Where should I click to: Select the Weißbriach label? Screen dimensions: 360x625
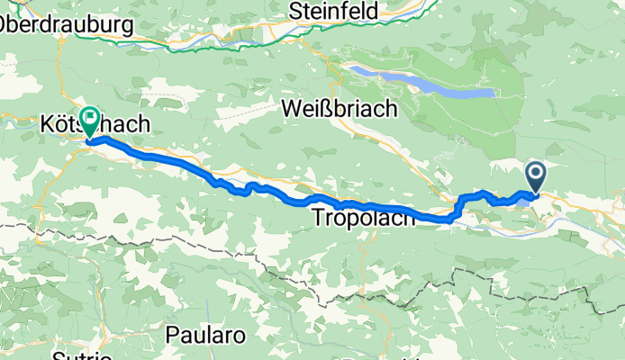tap(339, 108)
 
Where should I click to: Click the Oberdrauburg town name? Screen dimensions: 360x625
tap(67, 24)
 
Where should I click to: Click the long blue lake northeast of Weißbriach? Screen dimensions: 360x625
tap(423, 83)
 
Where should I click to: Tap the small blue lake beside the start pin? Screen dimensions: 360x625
tap(524, 201)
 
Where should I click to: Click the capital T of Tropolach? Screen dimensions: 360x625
tap(318, 218)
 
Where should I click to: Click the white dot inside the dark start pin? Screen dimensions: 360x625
tap(535, 171)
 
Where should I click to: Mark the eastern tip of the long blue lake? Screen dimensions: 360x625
tap(494, 93)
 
